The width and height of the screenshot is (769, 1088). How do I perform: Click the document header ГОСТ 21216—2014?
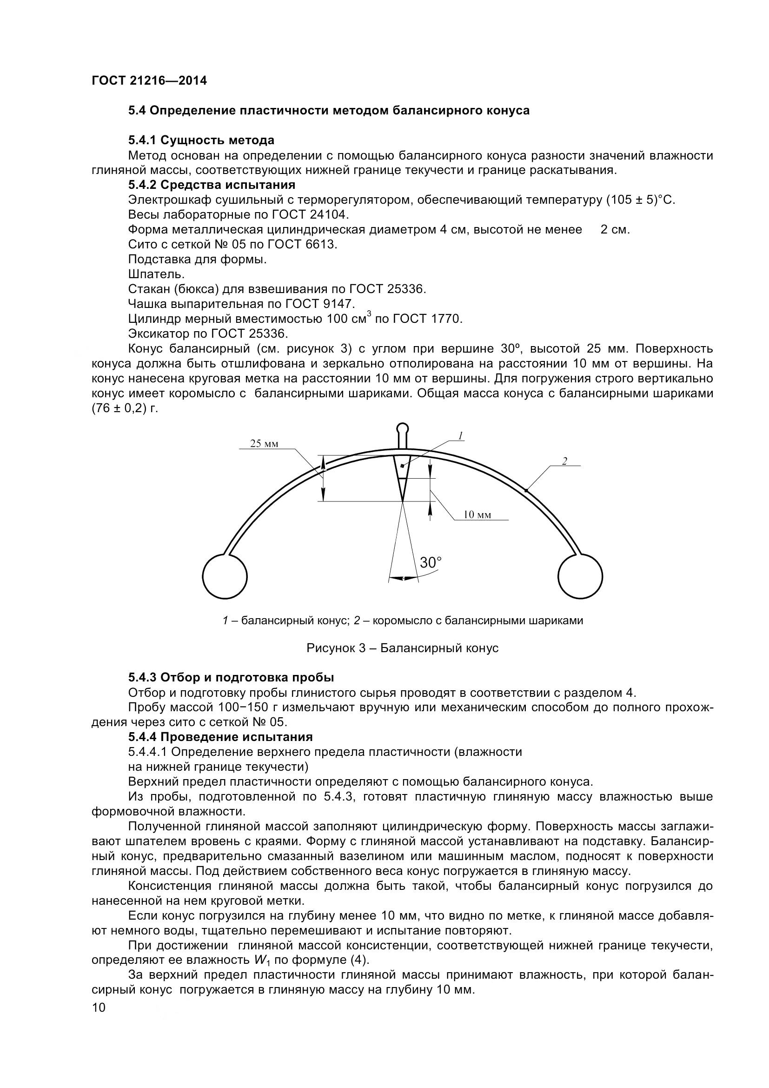click(149, 81)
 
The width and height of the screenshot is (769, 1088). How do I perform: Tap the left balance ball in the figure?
click(225, 576)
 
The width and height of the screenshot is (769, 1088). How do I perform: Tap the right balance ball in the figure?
click(580, 576)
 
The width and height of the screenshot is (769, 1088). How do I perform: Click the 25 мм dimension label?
click(264, 444)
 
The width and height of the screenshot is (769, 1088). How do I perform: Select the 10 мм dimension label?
click(477, 515)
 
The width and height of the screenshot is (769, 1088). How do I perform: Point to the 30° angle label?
click(431, 562)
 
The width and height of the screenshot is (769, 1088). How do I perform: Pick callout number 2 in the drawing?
click(564, 461)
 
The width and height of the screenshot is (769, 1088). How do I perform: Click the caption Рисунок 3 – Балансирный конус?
click(403, 648)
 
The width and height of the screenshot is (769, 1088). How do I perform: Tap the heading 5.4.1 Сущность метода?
click(201, 140)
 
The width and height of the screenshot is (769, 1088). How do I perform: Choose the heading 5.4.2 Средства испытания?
click(212, 185)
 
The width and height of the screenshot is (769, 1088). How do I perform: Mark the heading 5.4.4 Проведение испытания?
click(220, 737)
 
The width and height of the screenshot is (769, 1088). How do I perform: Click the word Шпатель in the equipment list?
click(156, 274)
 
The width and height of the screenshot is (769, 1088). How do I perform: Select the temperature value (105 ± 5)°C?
click(640, 200)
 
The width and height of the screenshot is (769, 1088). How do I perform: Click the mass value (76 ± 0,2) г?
click(125, 408)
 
